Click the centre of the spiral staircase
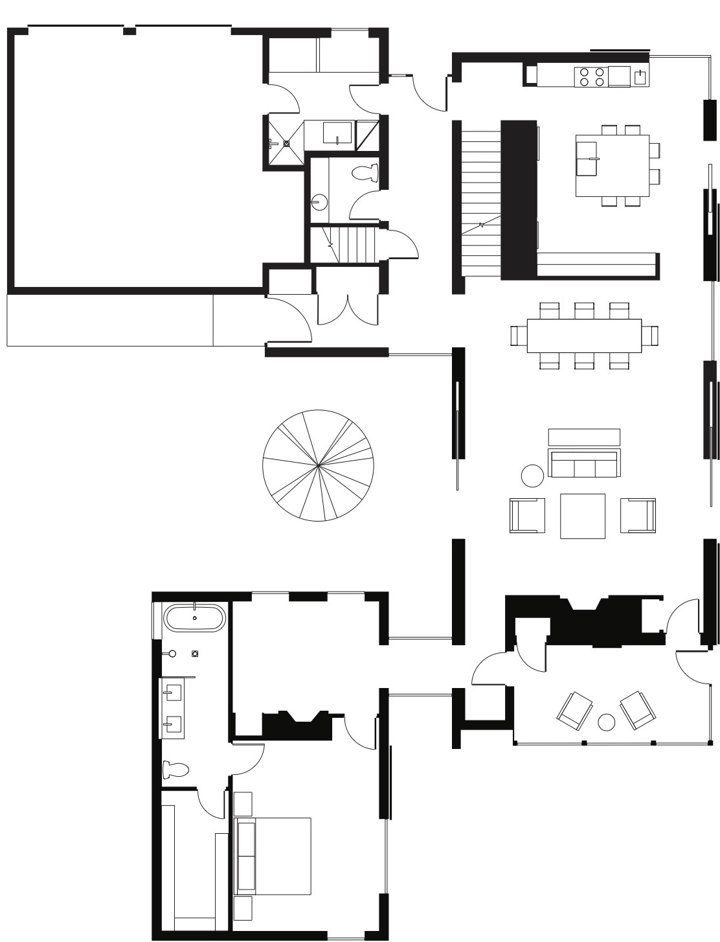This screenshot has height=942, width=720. click(318, 465)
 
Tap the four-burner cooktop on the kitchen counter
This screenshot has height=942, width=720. click(591, 77)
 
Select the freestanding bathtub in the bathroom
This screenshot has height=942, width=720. click(195, 618)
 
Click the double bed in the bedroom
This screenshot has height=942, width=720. click(273, 856)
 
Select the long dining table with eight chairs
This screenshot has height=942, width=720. click(584, 336)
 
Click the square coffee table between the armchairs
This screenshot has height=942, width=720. click(583, 516)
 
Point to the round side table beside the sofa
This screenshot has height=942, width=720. click(532, 476)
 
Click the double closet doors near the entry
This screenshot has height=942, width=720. click(348, 310)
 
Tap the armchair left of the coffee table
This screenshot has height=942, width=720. click(528, 515)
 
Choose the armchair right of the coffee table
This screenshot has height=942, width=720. click(638, 515)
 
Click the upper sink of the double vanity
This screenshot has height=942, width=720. click(172, 693)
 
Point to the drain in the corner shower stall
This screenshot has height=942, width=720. click(286, 144)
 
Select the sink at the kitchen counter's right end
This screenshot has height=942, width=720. click(640, 76)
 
